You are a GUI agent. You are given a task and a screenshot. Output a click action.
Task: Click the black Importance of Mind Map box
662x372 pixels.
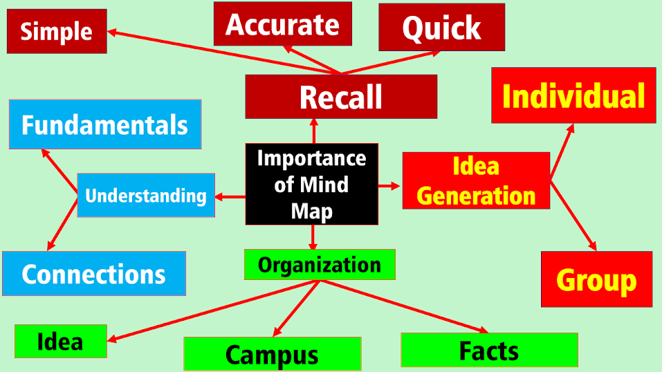311,184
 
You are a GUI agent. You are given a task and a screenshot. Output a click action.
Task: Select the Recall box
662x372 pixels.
341,97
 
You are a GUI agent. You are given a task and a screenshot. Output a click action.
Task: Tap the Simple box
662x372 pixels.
57,31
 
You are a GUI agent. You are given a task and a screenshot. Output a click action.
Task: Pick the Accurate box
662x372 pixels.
282,24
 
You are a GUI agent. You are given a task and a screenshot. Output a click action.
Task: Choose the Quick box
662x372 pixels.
441,28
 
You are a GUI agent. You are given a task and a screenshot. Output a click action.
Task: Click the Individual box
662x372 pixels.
573,95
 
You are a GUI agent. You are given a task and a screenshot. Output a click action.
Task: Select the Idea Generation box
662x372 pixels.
476,180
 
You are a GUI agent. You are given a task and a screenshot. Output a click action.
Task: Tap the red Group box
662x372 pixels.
596,279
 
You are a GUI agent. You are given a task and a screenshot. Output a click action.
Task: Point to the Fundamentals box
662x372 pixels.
105,124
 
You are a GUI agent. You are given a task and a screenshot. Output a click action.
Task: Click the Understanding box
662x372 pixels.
146,195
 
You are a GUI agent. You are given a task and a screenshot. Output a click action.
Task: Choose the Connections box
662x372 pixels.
94,274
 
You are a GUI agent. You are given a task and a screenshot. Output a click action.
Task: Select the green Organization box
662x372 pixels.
320,264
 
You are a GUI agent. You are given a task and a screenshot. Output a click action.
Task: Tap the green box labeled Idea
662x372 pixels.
60,341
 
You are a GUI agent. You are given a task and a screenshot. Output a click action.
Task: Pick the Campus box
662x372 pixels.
272,354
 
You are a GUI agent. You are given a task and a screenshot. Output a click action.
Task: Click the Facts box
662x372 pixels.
489,350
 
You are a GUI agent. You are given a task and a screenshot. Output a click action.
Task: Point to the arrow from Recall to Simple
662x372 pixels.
221,52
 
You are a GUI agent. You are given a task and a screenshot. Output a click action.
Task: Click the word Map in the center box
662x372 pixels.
311,210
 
